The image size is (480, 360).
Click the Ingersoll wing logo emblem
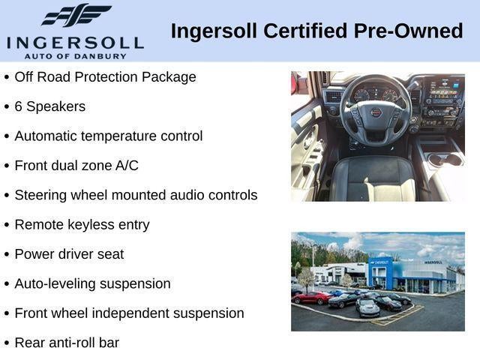[76, 15]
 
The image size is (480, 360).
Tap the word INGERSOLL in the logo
[75, 40]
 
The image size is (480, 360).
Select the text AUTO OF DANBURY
[75, 55]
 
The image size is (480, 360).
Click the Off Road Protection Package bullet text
[105, 77]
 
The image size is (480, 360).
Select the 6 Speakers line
[49, 106]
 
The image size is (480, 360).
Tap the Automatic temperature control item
[108, 136]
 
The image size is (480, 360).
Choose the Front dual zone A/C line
[76, 166]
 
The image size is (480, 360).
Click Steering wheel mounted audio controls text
[136, 195]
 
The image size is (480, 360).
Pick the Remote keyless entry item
[82, 224]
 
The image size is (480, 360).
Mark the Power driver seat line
[69, 254]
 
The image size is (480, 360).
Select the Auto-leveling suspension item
[92, 283]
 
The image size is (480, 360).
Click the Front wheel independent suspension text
[129, 313]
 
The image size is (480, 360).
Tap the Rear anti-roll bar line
[67, 343]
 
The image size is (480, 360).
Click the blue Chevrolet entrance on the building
[381, 274]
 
